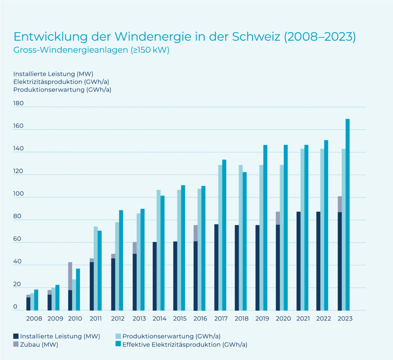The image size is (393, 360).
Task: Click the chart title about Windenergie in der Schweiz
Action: pyautogui.click(x=184, y=37)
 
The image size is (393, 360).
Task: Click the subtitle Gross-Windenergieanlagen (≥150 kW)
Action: pyautogui.click(x=91, y=50)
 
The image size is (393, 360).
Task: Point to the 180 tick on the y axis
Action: pyautogui.click(x=18, y=103)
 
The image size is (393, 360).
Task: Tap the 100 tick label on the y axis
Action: pyautogui.click(x=18, y=193)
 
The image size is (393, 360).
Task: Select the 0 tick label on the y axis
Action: pyautogui.click(x=15, y=307)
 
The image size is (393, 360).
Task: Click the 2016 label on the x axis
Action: pyautogui.click(x=200, y=319)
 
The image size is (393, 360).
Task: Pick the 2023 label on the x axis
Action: pyautogui.click(x=345, y=319)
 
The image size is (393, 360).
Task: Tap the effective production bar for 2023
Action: pyautogui.click(x=347, y=215)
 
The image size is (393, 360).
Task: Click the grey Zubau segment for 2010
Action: pyautogui.click(x=70, y=276)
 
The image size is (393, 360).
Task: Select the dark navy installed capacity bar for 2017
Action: pyautogui.click(x=216, y=267)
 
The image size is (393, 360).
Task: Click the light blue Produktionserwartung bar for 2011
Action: pyautogui.click(x=96, y=269)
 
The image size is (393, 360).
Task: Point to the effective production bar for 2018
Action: pyautogui.click(x=245, y=241)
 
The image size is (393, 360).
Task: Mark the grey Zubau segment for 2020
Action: pyautogui.click(x=278, y=218)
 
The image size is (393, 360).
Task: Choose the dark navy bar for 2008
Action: pyautogui.click(x=28, y=304)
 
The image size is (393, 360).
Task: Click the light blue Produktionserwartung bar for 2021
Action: pyautogui.click(x=302, y=230)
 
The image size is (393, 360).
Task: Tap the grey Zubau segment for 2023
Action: pyautogui.click(x=340, y=204)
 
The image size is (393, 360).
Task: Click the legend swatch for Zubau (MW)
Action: pyautogui.click(x=16, y=344)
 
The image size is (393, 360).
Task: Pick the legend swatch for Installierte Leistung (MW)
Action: pyautogui.click(x=16, y=336)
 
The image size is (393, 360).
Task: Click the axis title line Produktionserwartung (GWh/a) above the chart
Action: pyautogui.click(x=62, y=90)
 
